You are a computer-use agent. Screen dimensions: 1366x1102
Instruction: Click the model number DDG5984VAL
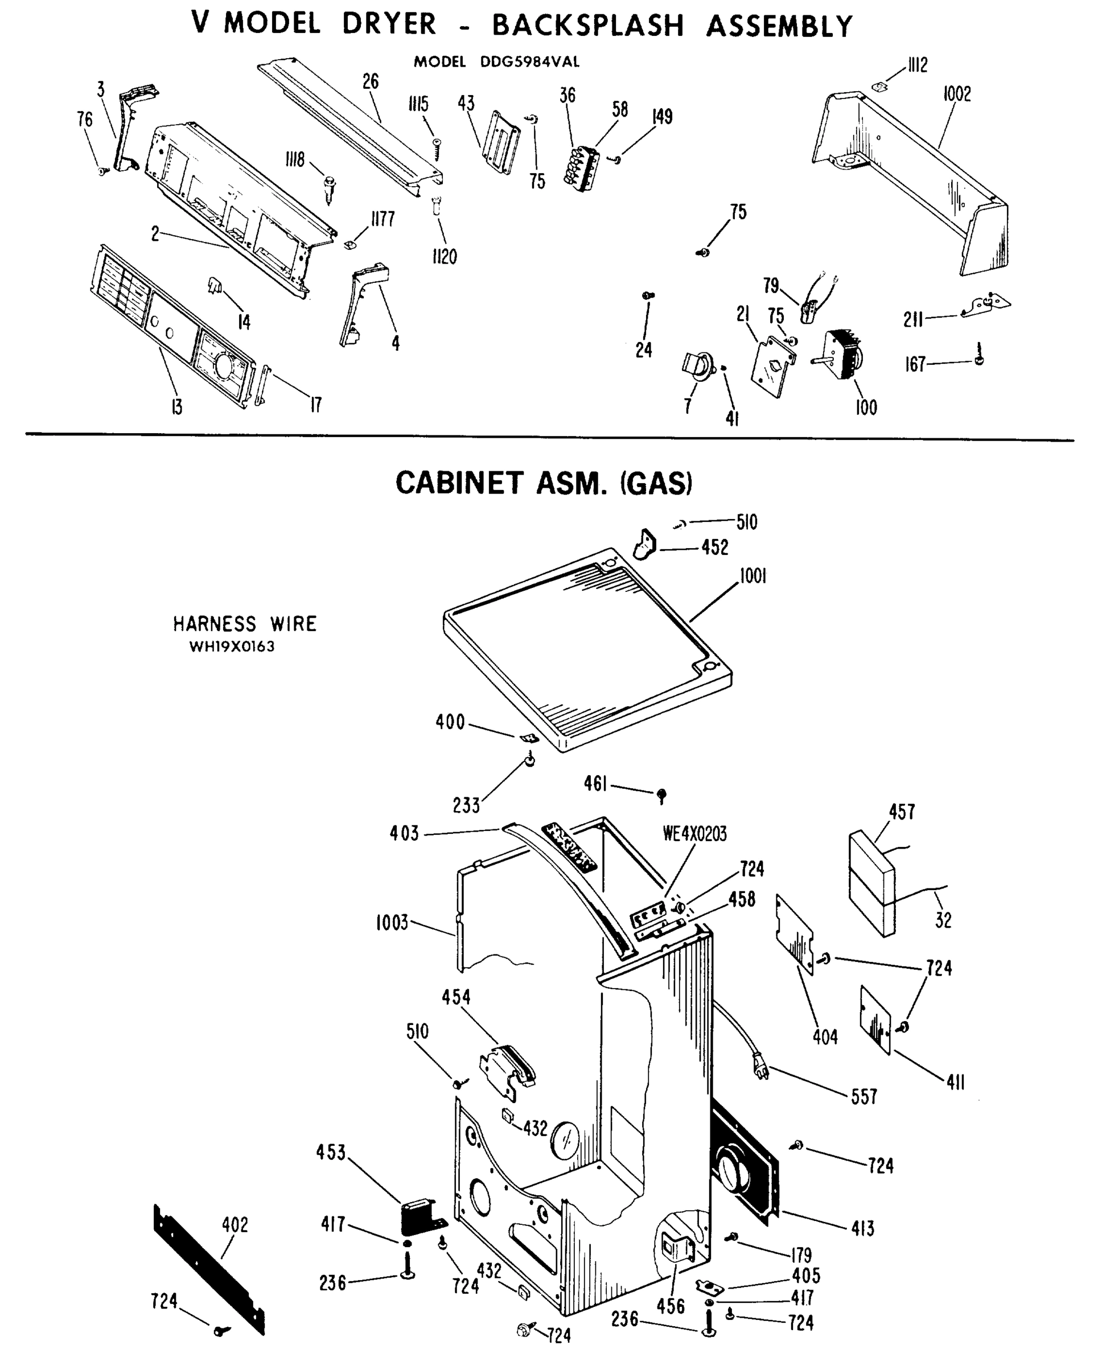530,62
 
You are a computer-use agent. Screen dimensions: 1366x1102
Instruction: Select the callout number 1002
957,94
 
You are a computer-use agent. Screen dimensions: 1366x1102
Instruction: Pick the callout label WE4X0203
694,833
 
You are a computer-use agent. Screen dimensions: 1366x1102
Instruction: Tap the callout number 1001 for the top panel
753,577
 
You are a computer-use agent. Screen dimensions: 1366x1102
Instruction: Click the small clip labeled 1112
878,85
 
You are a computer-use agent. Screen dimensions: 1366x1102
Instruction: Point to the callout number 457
902,812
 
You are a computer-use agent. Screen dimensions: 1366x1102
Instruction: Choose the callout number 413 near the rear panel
863,1228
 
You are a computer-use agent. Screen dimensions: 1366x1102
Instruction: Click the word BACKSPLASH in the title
588,26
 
